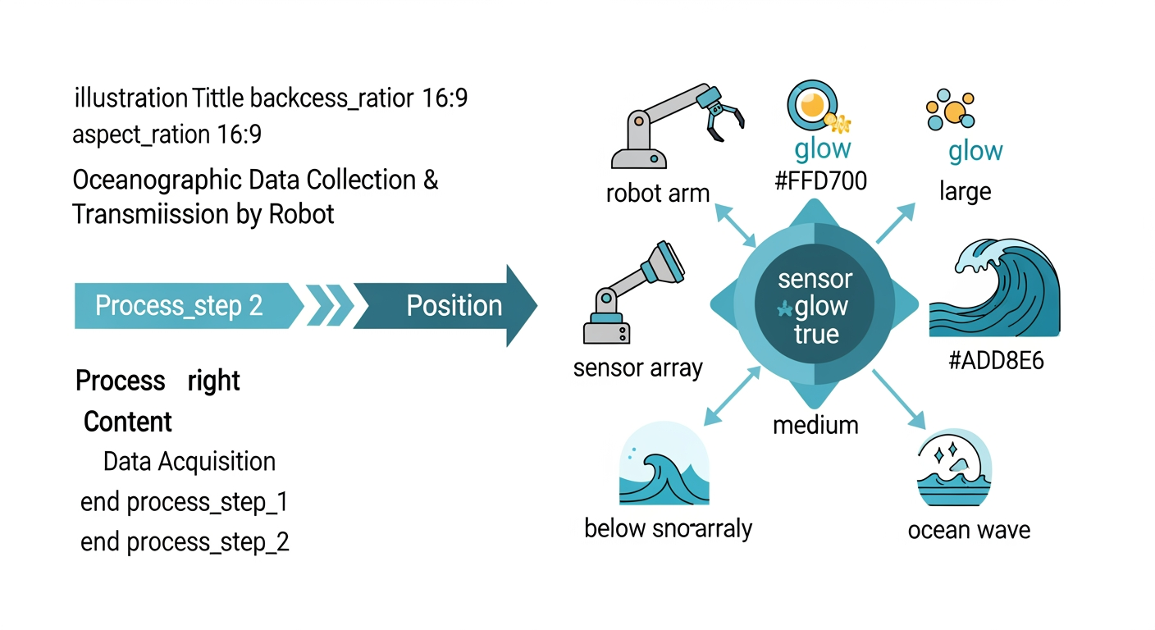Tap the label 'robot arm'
(x=657, y=194)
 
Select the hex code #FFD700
(x=820, y=181)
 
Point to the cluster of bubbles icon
(x=950, y=109)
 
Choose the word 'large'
(x=966, y=192)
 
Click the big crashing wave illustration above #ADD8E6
(x=994, y=288)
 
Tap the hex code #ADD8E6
(x=996, y=360)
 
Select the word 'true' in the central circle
(x=816, y=334)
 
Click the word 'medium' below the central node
(x=815, y=426)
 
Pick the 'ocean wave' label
(x=969, y=530)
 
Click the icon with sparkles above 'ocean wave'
(x=954, y=467)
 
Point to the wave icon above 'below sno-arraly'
(x=664, y=463)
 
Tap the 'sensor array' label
(x=638, y=368)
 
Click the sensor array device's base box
(x=606, y=333)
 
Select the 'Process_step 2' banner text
(x=179, y=306)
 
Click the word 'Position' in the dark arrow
(x=454, y=306)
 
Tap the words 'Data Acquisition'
(x=189, y=461)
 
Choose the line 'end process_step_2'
(x=185, y=542)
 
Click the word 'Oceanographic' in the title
(x=157, y=180)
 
